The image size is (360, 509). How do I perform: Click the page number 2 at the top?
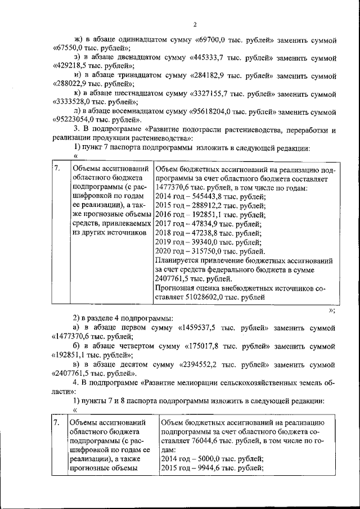coord(193,24)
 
